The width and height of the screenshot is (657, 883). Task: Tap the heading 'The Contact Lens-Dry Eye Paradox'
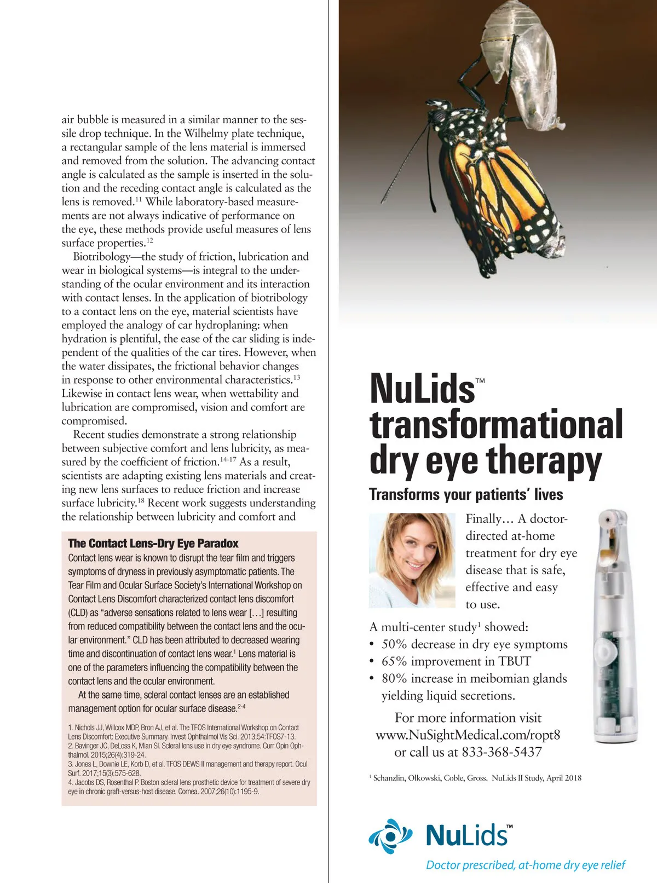[x=153, y=544]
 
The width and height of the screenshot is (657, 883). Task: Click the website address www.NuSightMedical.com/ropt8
[x=468, y=735]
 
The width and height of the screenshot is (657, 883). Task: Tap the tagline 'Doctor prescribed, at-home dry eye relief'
[x=526, y=865]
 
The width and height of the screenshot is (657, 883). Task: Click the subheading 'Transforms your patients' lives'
[x=466, y=494]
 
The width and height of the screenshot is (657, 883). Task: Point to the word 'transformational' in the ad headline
[x=496, y=424]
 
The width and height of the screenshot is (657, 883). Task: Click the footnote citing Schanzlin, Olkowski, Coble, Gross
[x=476, y=778]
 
